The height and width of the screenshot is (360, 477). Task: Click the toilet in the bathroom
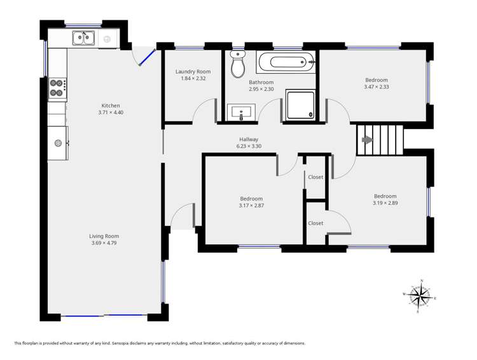tap(238, 66)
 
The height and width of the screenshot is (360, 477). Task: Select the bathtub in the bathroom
tap(286, 63)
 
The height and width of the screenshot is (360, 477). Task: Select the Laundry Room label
tap(193, 72)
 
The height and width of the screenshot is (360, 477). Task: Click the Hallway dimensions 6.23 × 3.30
tap(249, 146)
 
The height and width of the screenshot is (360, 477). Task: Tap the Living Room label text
tap(104, 236)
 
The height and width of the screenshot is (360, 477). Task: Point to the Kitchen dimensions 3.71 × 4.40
tap(110, 113)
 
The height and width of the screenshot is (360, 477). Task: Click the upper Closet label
tap(315, 177)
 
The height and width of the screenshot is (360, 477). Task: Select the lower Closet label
tap(315, 223)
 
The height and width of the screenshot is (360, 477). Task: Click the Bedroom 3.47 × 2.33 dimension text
tap(376, 87)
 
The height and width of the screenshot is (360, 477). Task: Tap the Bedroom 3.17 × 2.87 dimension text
tap(251, 205)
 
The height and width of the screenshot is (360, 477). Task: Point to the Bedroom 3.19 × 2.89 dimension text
tap(385, 203)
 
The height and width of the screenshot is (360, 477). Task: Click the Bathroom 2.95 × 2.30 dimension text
tap(261, 89)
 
